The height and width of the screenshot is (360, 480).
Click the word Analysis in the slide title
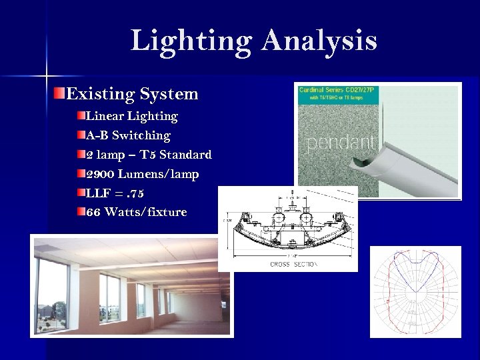(319, 41)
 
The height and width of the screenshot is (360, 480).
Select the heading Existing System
(132, 94)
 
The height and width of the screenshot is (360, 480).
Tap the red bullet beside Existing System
(59, 93)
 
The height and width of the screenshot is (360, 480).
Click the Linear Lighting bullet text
(131, 117)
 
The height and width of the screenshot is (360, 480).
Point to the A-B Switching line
(128, 136)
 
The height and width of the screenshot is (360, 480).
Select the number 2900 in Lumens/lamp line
(100, 175)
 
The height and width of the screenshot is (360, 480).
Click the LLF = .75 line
(114, 194)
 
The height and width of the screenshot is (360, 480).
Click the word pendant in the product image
(341, 142)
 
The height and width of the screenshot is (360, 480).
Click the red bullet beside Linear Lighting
(81, 116)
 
